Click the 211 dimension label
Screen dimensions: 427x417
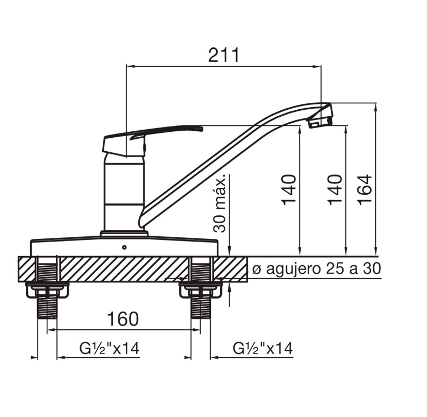pyautogui.click(x=224, y=55)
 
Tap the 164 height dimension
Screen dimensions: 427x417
pyautogui.click(x=365, y=189)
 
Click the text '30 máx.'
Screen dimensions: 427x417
pyautogui.click(x=219, y=203)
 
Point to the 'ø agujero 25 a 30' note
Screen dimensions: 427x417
pyautogui.click(x=316, y=269)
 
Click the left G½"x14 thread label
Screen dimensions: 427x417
pyautogui.click(x=110, y=348)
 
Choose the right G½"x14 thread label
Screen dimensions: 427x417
pyautogui.click(x=262, y=348)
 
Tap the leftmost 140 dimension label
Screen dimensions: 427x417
pyautogui.click(x=289, y=190)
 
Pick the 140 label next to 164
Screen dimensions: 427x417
pyautogui.click(x=335, y=190)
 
